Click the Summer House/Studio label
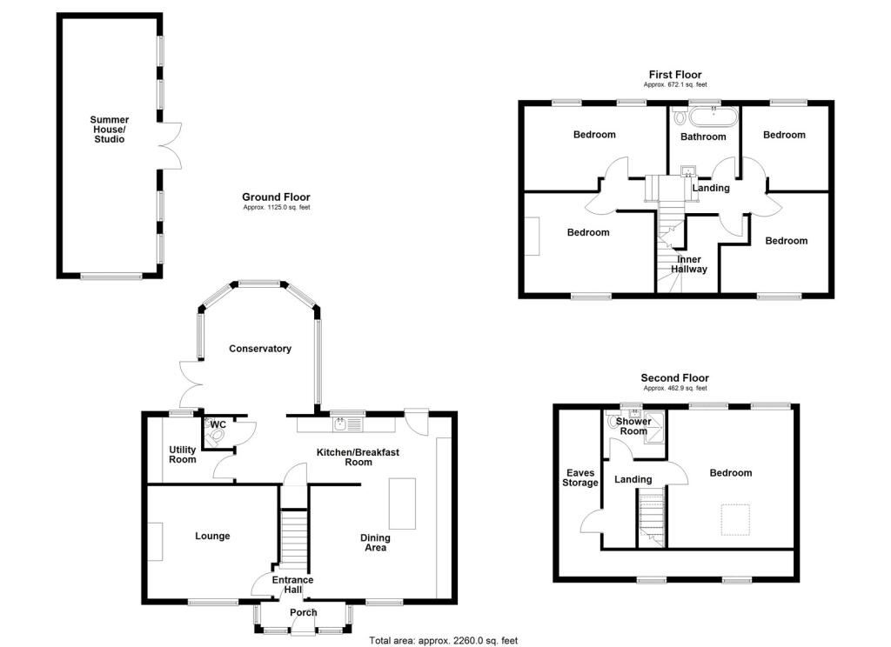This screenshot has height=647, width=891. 110,129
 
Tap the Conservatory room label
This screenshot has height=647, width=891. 259,349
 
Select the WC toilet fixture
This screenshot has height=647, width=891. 214,440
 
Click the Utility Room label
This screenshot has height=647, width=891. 183,454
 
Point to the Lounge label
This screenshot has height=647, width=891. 212,537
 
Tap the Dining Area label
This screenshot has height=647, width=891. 375,543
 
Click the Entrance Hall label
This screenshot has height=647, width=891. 292,584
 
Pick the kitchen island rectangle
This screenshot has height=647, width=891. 402,503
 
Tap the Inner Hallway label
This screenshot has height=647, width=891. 688,263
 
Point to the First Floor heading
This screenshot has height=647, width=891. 674,75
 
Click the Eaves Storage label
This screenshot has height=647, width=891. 580,477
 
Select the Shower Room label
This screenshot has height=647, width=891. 633,426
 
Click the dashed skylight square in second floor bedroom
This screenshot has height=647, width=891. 734,520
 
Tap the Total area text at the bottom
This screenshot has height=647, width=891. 443,641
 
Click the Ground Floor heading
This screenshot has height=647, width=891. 276,197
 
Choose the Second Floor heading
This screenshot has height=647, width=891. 674,377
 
